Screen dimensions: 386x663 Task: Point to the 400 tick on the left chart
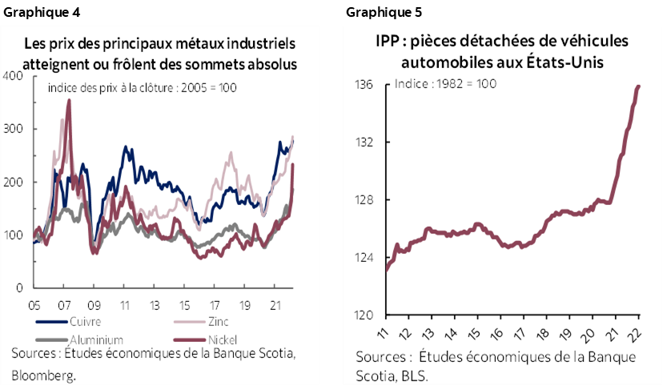(14, 76)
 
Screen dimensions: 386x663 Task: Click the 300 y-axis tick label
(14, 129)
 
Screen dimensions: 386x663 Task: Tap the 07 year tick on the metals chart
(65, 305)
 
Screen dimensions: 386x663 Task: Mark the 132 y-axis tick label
(365, 143)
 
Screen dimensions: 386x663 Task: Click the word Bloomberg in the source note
(42, 373)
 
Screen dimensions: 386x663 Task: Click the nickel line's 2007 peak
(69, 100)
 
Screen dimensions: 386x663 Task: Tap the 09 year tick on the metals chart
(94, 305)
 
